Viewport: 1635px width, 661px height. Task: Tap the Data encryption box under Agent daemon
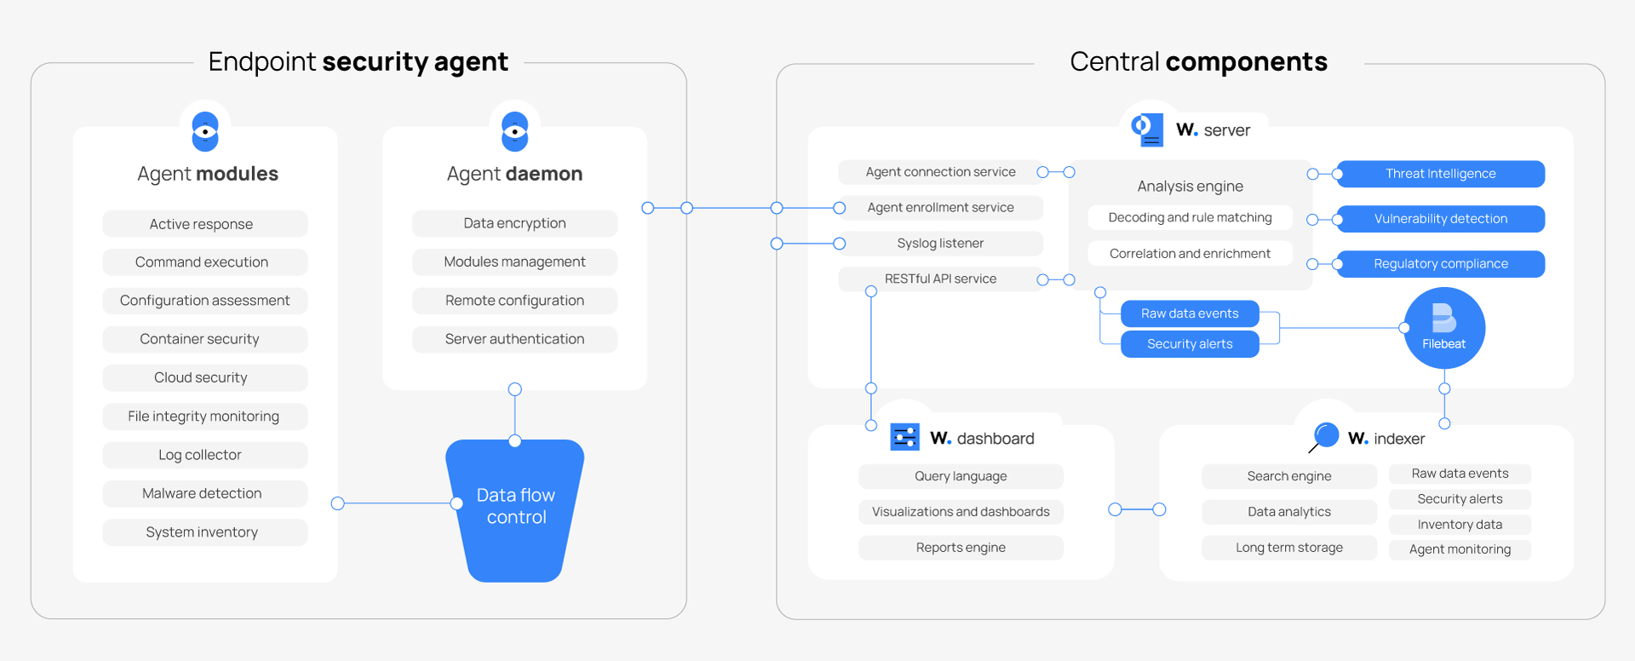[x=514, y=223]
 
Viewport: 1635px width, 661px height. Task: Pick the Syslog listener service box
[x=940, y=244]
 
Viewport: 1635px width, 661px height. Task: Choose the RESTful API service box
[x=940, y=279]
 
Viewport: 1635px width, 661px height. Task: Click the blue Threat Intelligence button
[x=1440, y=174]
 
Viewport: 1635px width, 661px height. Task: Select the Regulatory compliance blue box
[x=1440, y=264]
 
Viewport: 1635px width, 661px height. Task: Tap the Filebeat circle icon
[x=1444, y=328]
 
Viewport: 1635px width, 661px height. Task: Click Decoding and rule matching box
[x=1190, y=218]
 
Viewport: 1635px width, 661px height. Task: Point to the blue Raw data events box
[x=1190, y=313]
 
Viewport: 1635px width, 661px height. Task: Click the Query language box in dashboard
[x=961, y=476]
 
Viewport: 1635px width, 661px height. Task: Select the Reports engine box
[x=961, y=548]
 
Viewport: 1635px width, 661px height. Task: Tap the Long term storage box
[x=1288, y=548]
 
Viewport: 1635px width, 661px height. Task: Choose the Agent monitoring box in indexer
[x=1460, y=549]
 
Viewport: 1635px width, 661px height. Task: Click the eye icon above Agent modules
[x=205, y=131]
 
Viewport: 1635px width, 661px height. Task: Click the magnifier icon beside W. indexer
[x=1324, y=436]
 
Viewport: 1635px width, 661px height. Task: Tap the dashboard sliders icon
[x=904, y=437]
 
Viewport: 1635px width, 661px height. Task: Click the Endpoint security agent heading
[x=358, y=61]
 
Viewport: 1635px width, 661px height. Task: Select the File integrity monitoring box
[x=204, y=417]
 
